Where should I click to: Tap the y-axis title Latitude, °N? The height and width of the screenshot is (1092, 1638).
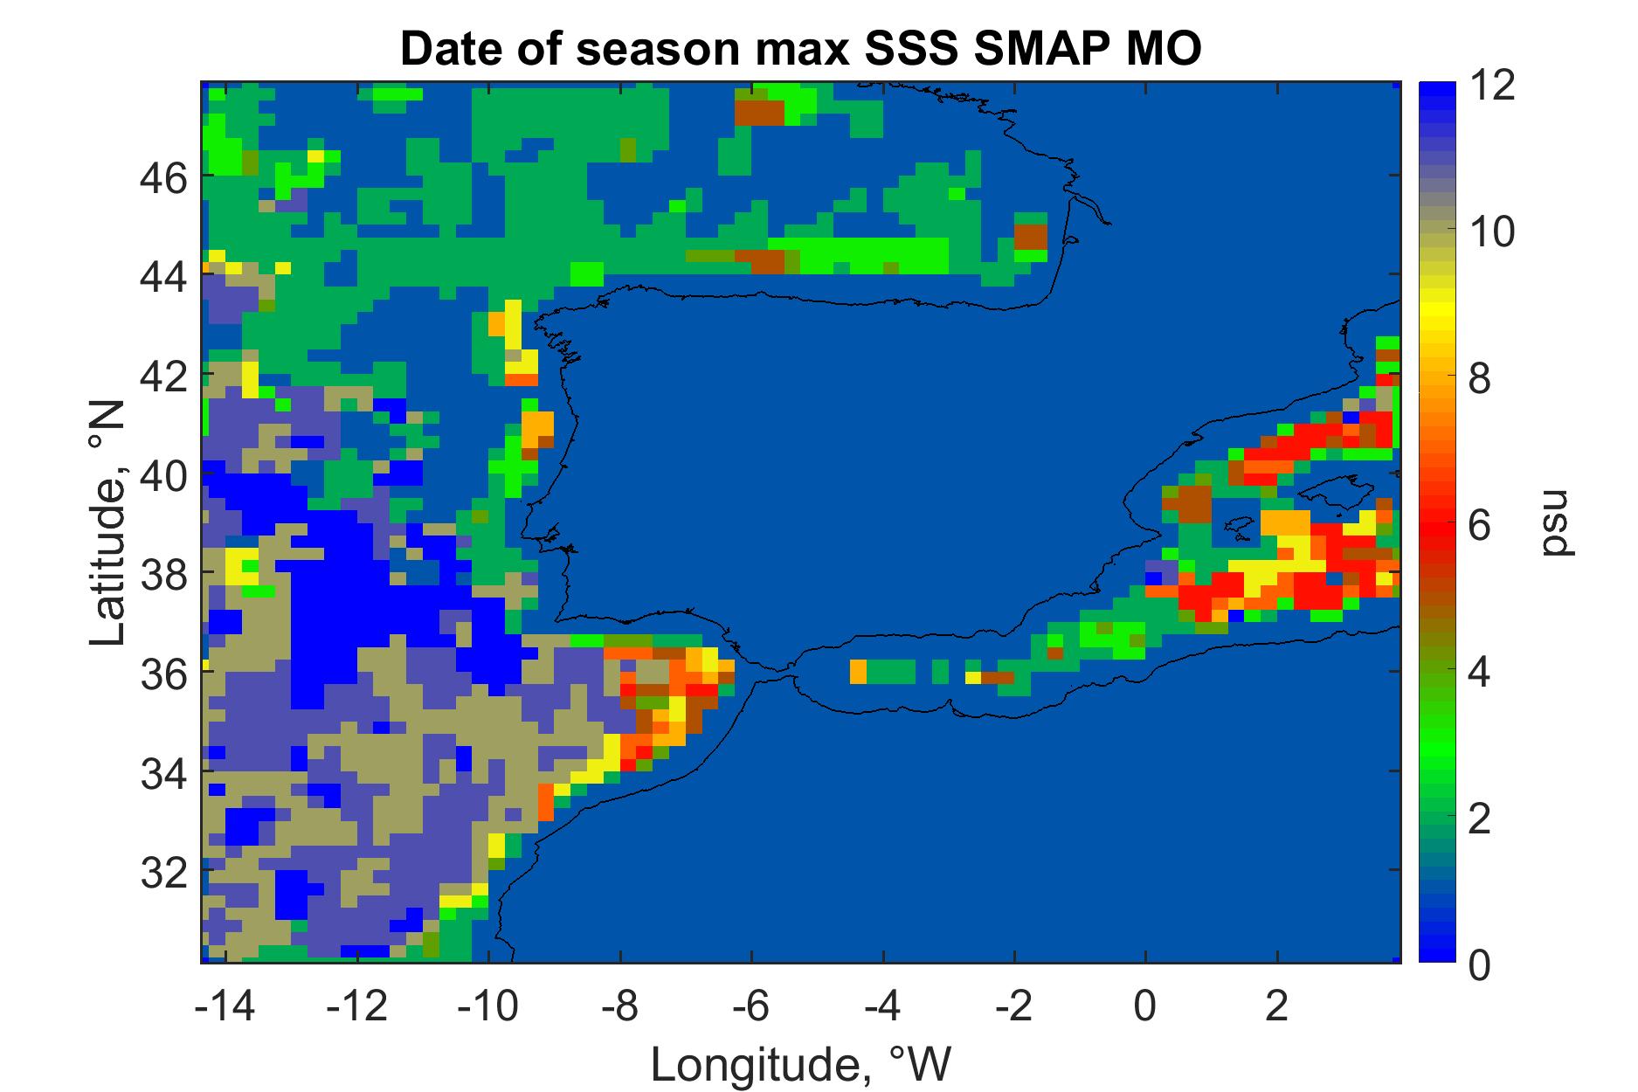108,524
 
